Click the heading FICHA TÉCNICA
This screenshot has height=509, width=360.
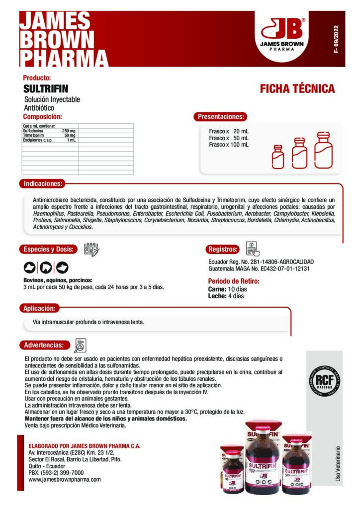coord(297,89)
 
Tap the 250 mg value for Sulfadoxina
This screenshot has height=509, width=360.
coord(69,131)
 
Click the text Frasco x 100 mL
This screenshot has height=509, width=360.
coord(229,145)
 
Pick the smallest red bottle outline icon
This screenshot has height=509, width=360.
coord(278,157)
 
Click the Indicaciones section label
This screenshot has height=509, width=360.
coord(42,183)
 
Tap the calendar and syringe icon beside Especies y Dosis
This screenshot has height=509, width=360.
coord(91,249)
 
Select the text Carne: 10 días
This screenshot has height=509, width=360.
coord(227,289)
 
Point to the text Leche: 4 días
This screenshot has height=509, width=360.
coord(226,296)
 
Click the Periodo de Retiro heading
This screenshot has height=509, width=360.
coord(233,281)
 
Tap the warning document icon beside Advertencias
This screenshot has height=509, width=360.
coord(80,344)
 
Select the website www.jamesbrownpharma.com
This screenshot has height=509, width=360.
coord(65,480)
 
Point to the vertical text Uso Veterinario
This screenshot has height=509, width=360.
coord(338,462)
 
